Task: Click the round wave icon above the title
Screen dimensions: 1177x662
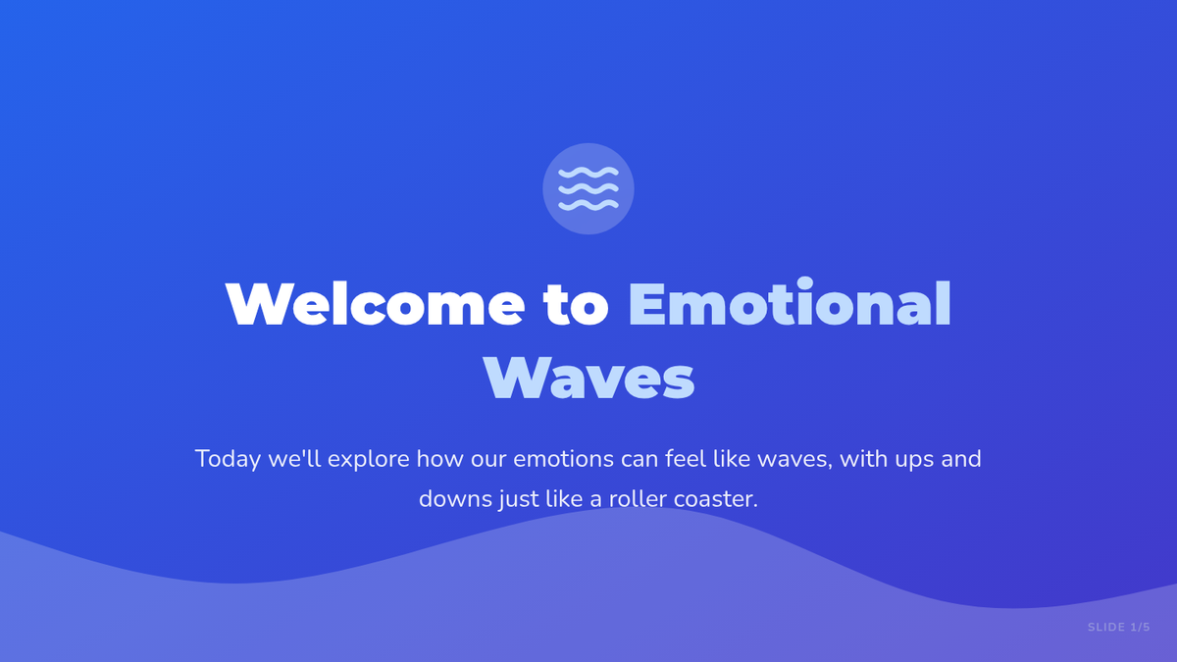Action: [x=588, y=188]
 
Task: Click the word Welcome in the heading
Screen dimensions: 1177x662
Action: [x=375, y=305]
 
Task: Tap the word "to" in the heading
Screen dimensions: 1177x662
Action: [x=577, y=306]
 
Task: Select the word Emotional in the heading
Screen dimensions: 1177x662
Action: [x=790, y=303]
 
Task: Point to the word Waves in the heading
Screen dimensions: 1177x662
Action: [x=589, y=379]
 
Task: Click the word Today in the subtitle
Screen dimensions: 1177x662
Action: [x=228, y=460]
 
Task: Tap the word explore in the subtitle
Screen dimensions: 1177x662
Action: [x=369, y=460]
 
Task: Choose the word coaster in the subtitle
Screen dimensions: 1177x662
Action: [x=716, y=499]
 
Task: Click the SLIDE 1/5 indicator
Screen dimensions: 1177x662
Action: [x=1119, y=627]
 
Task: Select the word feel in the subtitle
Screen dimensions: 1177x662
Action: [x=686, y=459]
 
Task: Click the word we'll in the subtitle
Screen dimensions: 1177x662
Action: [x=294, y=459]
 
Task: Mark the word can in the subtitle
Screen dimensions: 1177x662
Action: [x=639, y=460]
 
